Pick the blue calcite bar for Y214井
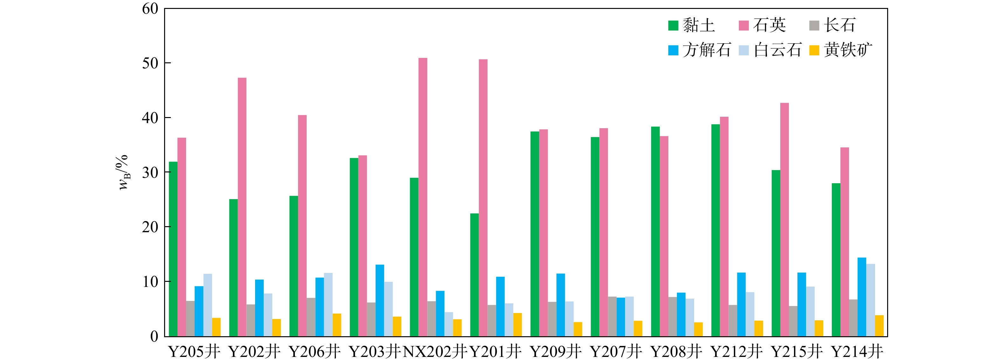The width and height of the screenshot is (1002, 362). click(x=862, y=297)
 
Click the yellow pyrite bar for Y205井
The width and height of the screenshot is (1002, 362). click(x=216, y=327)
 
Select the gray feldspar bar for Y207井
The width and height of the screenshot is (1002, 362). click(x=612, y=317)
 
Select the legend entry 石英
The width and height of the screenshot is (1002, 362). click(x=762, y=25)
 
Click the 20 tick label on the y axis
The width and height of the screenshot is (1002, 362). click(x=150, y=227)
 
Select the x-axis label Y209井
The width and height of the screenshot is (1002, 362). click(x=556, y=352)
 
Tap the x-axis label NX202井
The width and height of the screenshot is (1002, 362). click(x=435, y=352)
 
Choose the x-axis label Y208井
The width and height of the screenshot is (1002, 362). click(x=676, y=352)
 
